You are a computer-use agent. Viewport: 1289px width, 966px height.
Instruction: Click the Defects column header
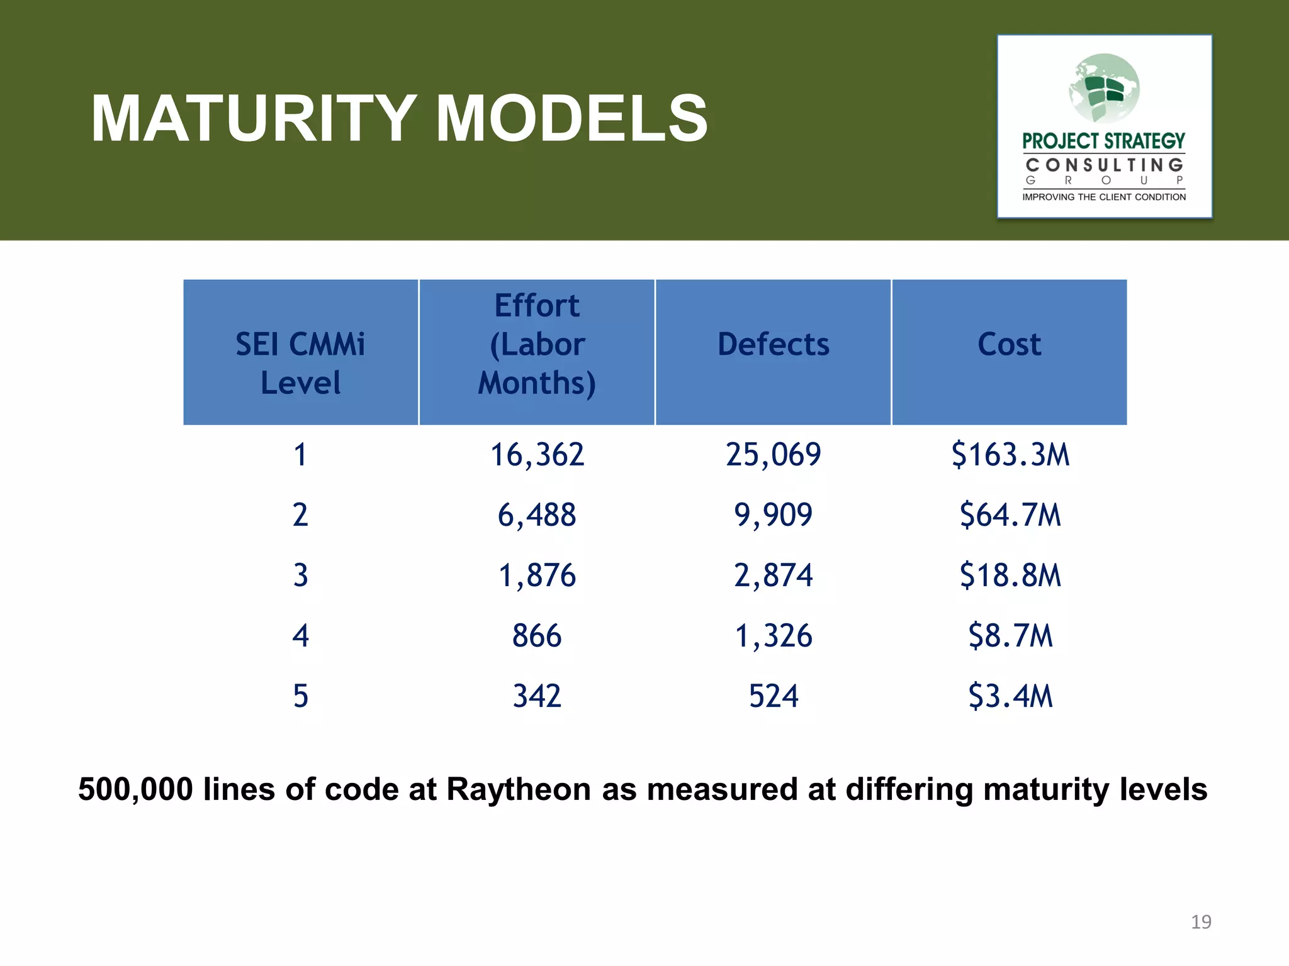click(x=773, y=345)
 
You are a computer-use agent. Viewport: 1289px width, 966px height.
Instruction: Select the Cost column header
click(x=1009, y=345)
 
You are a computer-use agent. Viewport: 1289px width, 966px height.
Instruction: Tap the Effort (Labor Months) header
click(x=537, y=345)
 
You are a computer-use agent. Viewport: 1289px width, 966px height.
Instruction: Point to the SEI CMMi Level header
click(x=300, y=363)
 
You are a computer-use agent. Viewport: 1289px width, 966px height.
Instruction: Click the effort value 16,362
click(x=537, y=455)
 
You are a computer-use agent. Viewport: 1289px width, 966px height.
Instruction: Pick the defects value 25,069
click(x=773, y=455)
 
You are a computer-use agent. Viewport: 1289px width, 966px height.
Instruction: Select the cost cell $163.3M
click(x=1010, y=455)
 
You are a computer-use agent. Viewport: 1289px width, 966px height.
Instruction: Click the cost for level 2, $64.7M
click(x=1010, y=515)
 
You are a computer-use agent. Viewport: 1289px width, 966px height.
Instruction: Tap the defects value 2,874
click(x=773, y=575)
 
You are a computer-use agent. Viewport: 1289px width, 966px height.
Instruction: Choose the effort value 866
click(x=537, y=636)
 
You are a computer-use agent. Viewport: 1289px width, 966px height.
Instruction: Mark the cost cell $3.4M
click(x=1010, y=696)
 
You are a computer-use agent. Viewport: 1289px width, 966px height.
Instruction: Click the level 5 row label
click(x=300, y=696)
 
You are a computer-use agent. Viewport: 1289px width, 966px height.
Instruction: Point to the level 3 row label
click(x=300, y=575)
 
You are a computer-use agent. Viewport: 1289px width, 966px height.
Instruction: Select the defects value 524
click(x=773, y=696)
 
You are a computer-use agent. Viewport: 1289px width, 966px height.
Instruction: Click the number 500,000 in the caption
click(x=135, y=789)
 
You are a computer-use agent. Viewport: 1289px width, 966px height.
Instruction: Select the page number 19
click(x=1201, y=922)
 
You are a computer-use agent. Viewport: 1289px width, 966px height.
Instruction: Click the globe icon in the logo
click(x=1104, y=89)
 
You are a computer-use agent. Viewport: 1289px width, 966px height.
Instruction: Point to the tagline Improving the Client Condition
click(x=1104, y=197)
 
